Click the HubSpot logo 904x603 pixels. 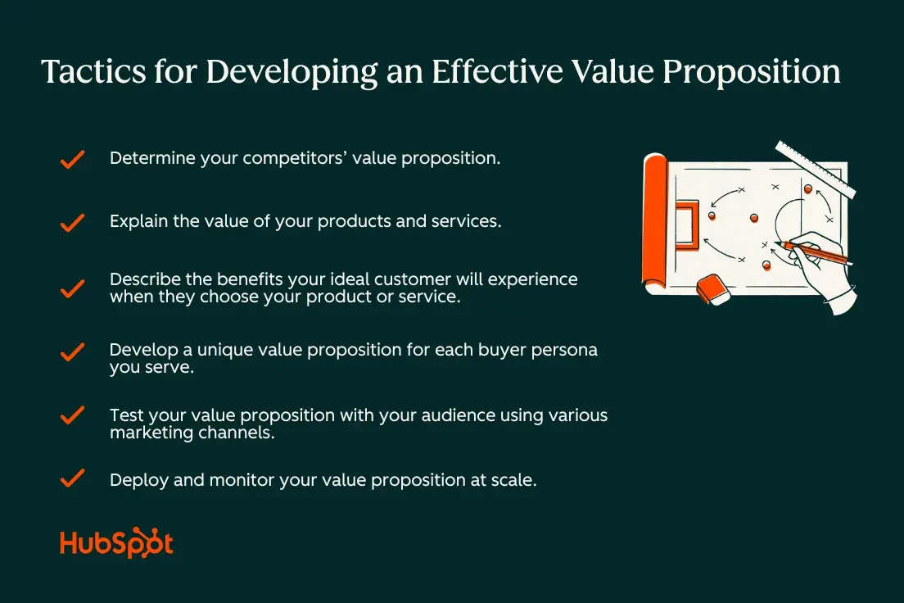116,545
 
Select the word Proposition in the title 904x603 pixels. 751,73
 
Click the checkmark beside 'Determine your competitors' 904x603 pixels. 73,159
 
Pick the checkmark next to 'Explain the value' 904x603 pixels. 73,222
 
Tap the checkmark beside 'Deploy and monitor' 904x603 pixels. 73,479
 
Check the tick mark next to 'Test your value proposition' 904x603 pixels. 73,416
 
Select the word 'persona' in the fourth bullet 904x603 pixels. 565,350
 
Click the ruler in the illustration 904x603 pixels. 815,169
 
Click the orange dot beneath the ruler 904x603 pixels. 808,189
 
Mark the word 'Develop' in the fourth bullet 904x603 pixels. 142,350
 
